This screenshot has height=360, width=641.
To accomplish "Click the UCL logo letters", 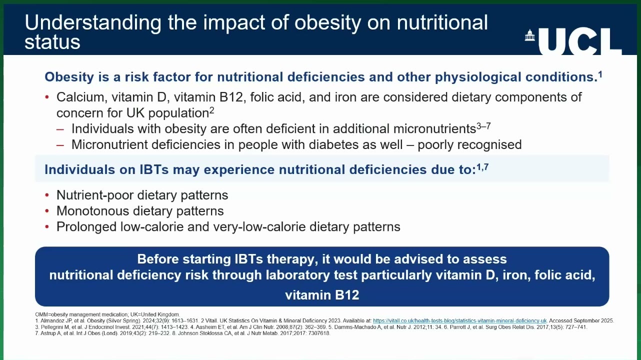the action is click(580, 41).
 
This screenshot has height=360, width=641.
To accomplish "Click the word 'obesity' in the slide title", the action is click(328, 22).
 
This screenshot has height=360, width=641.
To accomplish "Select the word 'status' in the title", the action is click(52, 42).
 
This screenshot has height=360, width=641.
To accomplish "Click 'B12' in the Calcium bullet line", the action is click(231, 97).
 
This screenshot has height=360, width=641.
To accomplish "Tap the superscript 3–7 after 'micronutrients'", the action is click(483, 125).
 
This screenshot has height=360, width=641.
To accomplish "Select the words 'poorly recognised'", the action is click(469, 145).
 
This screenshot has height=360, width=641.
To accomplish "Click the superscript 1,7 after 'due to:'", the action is click(482, 167).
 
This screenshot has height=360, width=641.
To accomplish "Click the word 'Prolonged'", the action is click(86, 227).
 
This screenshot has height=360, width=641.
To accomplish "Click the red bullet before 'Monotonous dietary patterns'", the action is click(47, 211).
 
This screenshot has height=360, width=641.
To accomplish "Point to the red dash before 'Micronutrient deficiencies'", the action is click(60, 145).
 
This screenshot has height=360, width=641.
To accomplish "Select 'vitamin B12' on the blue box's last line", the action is click(322, 295).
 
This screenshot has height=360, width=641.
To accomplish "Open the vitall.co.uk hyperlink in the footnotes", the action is click(460, 321).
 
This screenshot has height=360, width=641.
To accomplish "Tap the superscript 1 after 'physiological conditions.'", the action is click(600, 74).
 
